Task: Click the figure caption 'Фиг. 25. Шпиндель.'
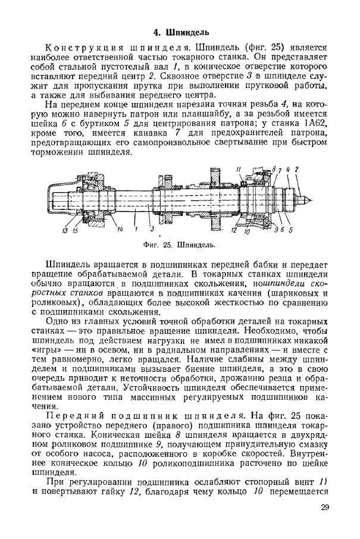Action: coord(179,245)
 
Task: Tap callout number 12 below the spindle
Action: coord(234,230)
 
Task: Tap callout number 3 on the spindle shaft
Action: coord(153,229)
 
